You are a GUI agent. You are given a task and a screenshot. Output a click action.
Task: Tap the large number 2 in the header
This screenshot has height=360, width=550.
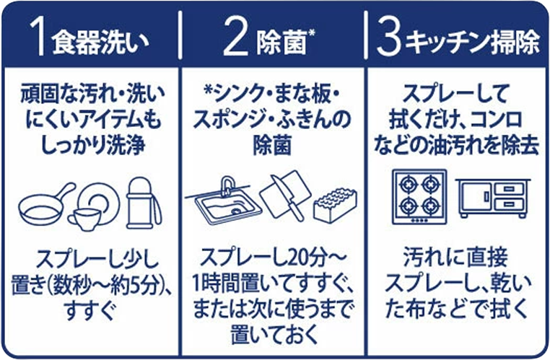pos(235,39)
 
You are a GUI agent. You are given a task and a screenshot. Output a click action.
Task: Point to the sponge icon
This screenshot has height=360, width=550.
pos(335,204)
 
